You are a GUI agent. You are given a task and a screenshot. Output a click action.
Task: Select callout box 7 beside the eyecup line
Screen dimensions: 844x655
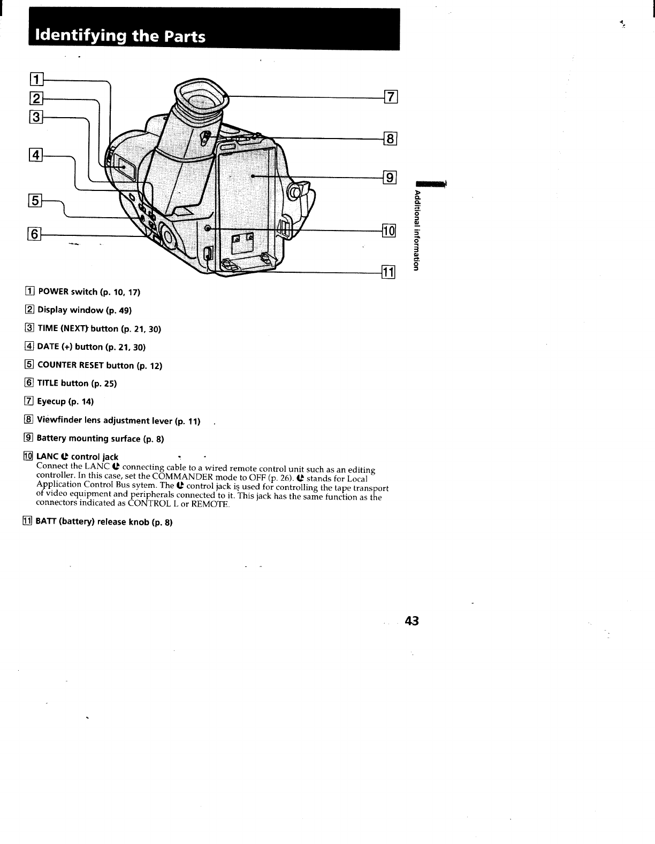391,97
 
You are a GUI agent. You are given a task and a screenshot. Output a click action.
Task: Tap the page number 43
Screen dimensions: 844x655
412,621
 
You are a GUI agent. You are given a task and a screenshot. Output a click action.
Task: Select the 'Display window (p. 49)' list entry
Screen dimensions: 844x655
84,310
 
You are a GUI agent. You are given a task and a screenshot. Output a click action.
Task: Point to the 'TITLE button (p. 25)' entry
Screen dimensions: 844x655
77,383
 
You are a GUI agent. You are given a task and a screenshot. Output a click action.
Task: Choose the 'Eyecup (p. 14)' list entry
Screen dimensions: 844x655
65,402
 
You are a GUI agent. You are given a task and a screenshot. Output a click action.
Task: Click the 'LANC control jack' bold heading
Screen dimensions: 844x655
77,457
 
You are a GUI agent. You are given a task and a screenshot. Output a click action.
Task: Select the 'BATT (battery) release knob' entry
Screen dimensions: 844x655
104,522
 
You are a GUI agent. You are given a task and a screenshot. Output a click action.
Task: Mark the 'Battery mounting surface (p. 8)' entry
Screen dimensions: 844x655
100,439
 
